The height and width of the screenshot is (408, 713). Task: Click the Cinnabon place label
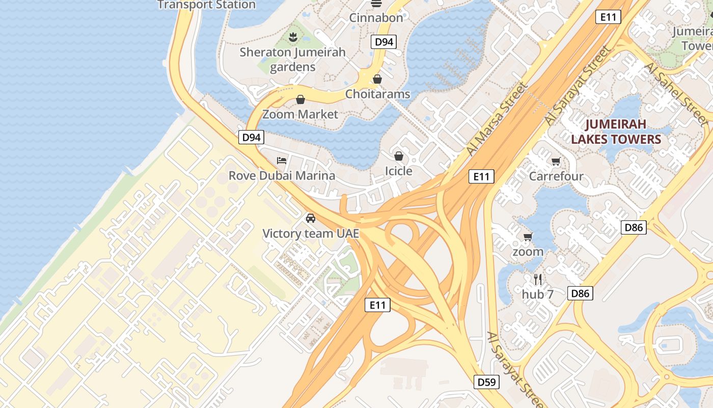point(376,17)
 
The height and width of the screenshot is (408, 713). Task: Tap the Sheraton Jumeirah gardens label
point(292,59)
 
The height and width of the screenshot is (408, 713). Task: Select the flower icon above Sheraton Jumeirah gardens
point(293,37)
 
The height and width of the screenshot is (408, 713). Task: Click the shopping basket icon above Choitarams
point(377,79)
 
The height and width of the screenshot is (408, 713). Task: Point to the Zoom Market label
point(300,114)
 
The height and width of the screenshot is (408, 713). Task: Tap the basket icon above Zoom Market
point(300,99)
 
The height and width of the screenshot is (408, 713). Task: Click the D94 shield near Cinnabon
point(384,42)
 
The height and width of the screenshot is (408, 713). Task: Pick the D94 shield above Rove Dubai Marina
point(251,137)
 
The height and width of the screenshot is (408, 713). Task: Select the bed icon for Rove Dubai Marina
point(282,161)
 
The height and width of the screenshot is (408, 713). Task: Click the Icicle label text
point(398,171)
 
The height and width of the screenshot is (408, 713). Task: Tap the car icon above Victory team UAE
point(310,218)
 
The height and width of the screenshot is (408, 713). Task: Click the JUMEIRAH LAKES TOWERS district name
point(616,132)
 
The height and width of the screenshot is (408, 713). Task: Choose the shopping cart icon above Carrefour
point(556,162)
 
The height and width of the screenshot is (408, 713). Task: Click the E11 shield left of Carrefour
point(481,176)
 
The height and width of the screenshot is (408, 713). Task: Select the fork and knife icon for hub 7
point(537,279)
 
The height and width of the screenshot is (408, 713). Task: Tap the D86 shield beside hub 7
point(581,293)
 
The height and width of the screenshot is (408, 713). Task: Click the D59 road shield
point(486,382)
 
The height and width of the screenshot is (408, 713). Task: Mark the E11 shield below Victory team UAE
point(377,305)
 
